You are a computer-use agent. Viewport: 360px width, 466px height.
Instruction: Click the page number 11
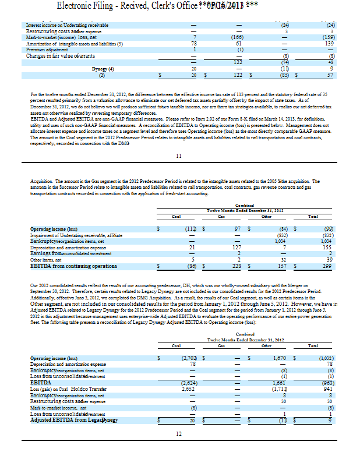pos(179,156)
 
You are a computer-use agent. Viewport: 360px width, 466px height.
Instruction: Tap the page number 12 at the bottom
pos(179,433)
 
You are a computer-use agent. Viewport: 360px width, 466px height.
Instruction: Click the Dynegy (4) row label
pos(102,69)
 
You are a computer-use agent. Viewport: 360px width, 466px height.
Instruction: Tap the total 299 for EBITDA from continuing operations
pos(326,266)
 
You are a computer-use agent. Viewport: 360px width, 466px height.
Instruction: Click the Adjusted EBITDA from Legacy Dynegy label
pos(74,420)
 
